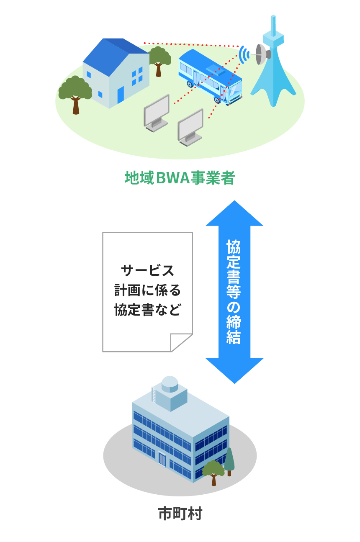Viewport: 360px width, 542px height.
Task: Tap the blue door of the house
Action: [x=121, y=95]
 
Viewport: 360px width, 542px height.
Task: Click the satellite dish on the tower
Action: [x=262, y=54]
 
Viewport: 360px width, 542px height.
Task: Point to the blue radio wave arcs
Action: [x=244, y=54]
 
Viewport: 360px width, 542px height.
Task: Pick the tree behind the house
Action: [x=159, y=60]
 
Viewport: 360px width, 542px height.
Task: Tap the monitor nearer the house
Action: [x=157, y=113]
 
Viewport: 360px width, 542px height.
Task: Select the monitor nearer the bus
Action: [x=190, y=127]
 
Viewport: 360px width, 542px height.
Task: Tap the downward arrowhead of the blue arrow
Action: [x=234, y=370]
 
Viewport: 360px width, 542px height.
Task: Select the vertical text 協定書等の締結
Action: [x=234, y=292]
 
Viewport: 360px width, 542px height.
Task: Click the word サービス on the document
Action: [x=147, y=271]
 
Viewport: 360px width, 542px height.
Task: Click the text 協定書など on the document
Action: [x=147, y=310]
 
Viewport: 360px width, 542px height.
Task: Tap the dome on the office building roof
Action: [x=170, y=383]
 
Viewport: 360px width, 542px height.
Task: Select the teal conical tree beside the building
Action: [x=229, y=460]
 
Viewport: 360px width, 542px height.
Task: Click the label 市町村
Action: [x=180, y=514]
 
